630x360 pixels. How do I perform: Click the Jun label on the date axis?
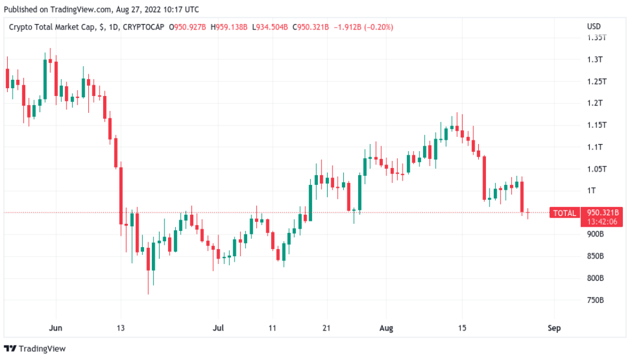pyautogui.click(x=55, y=328)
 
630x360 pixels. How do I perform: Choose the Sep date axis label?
pyautogui.click(x=554, y=328)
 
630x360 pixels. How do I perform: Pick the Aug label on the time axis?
pyautogui.click(x=386, y=328)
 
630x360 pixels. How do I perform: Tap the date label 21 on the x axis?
pyautogui.click(x=326, y=328)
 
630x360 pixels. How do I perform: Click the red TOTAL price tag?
pyautogui.click(x=564, y=213)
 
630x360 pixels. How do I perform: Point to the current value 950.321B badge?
pyautogui.click(x=604, y=212)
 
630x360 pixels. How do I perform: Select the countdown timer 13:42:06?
pyautogui.click(x=603, y=221)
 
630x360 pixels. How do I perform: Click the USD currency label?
pyautogui.click(x=593, y=26)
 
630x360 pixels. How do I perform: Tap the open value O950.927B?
pyautogui.click(x=189, y=27)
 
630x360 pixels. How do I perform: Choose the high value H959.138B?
pyautogui.click(x=230, y=27)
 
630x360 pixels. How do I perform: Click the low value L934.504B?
pyautogui.click(x=270, y=27)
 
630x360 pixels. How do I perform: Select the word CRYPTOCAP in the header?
pyautogui.click(x=143, y=27)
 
